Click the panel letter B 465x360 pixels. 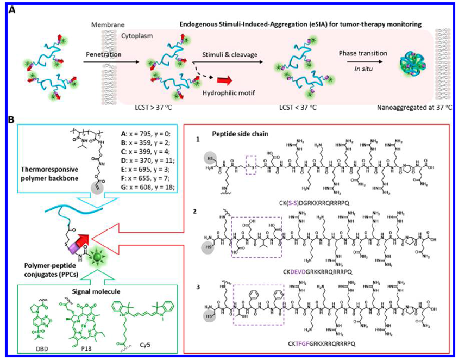pos(11,133)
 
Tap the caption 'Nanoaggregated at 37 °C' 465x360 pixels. pos(404,125)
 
